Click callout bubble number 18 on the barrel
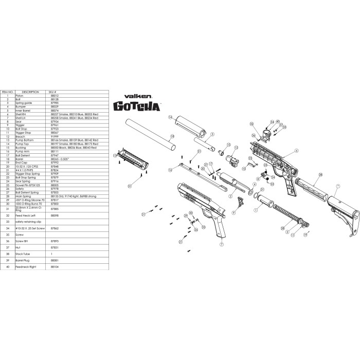[172, 136]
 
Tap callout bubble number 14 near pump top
[170, 118]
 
